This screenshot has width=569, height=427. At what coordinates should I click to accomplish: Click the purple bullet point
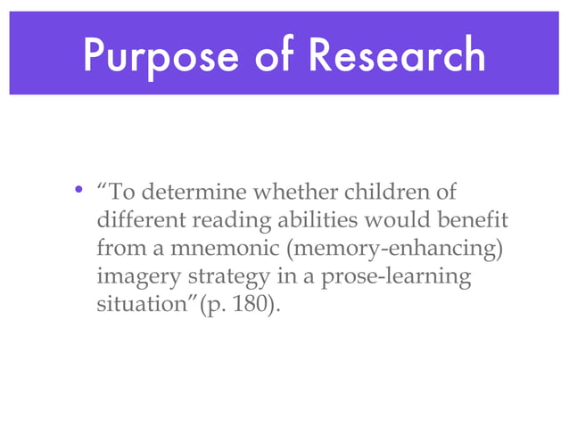[79, 191]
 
